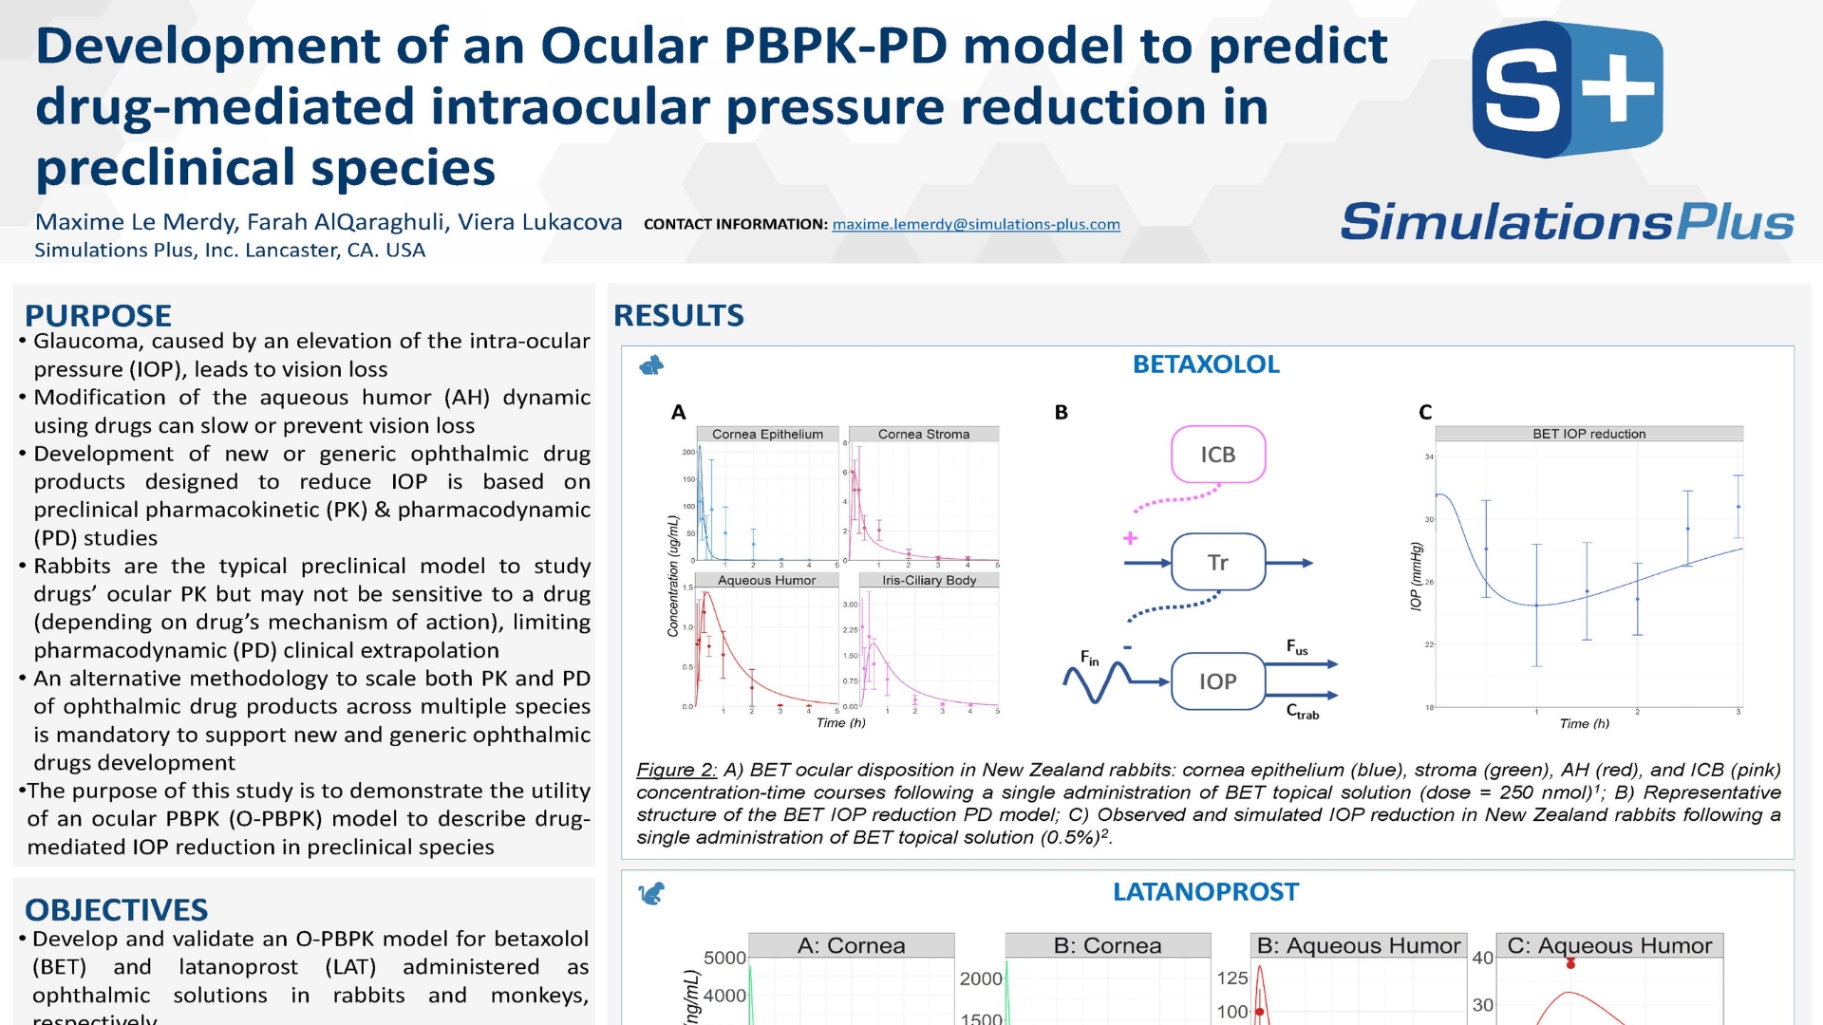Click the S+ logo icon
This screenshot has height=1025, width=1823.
(1567, 90)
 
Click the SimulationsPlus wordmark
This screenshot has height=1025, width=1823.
(1567, 222)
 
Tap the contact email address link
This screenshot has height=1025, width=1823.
(975, 225)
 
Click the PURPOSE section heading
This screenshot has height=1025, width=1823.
(98, 315)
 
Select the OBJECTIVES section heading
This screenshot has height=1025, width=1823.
(116, 909)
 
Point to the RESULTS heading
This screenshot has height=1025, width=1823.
(678, 315)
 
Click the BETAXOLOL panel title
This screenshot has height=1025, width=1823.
(1205, 364)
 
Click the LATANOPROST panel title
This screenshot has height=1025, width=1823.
(1205, 892)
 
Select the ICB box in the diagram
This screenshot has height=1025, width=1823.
(1217, 455)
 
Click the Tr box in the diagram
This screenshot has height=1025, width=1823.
(1217, 563)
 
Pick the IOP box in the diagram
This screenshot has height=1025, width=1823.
(1217, 681)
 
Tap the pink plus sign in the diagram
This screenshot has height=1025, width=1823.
(1130, 538)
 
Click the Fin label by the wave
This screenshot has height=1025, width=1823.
(1089, 657)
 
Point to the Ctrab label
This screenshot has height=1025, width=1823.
(1302, 712)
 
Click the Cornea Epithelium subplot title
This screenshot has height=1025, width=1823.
(767, 434)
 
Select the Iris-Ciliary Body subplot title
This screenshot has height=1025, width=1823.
(929, 580)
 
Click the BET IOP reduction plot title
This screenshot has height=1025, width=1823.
(1588, 434)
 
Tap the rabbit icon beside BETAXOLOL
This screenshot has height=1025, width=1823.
(651, 365)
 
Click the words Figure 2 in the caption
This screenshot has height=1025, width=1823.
(675, 770)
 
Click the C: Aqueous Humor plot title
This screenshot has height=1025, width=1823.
(1609, 945)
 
